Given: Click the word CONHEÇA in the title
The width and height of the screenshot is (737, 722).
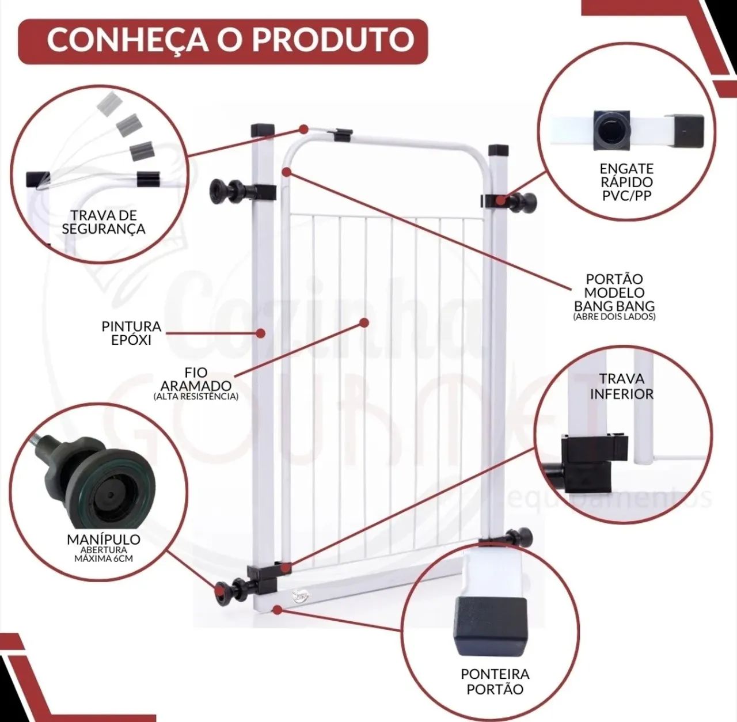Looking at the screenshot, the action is (x=128, y=39).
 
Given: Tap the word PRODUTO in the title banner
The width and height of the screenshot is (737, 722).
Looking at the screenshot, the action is (x=333, y=39).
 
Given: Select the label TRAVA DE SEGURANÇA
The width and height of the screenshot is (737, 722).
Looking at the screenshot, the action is (x=103, y=222).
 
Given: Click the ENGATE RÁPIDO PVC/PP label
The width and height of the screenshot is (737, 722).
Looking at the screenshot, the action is (x=626, y=182).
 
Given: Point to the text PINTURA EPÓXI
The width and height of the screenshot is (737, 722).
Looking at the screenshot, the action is (x=132, y=333).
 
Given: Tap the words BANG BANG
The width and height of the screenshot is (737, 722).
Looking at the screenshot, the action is (x=614, y=306).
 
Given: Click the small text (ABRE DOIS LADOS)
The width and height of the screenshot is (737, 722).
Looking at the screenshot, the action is (x=614, y=317).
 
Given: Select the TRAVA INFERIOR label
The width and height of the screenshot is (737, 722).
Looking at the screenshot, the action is (x=621, y=386).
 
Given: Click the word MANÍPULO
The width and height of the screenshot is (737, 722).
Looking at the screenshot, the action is (x=104, y=539).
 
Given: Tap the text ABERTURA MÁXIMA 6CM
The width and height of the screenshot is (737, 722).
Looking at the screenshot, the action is (x=104, y=554).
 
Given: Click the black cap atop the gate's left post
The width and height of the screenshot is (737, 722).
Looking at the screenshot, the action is (x=263, y=130).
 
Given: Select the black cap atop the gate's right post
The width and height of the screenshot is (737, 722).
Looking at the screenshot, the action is (x=499, y=150).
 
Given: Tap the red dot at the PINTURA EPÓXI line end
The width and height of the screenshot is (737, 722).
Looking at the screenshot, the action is (x=261, y=333).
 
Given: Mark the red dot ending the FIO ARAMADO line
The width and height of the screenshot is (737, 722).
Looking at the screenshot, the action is (x=364, y=322).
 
